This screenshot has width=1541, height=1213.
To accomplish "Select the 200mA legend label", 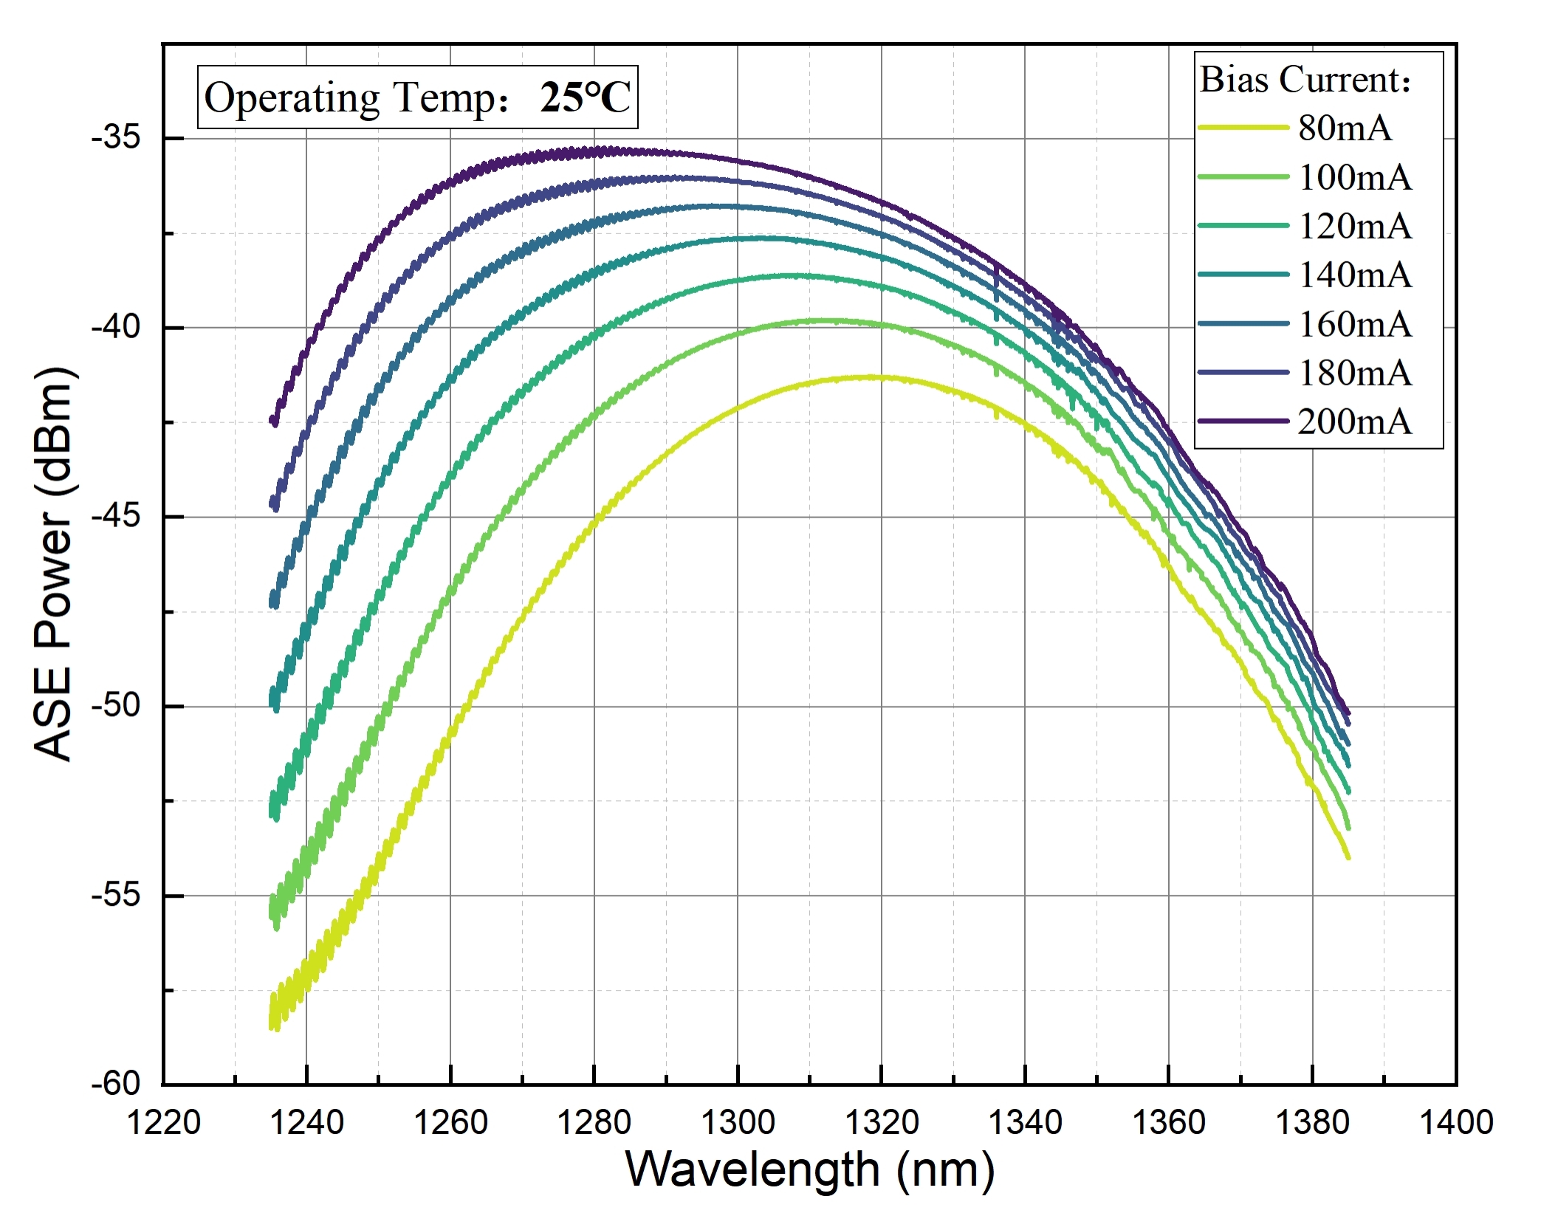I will [1354, 422].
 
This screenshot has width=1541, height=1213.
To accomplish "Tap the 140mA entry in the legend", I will [1354, 275].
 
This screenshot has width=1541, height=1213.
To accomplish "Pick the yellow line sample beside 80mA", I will [1243, 128].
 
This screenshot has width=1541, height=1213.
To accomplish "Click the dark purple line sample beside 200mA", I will [1243, 421].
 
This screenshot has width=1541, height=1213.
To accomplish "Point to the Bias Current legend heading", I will [1305, 80].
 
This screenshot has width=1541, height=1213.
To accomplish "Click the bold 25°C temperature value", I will [585, 97].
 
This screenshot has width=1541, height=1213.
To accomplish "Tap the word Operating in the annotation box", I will [292, 98].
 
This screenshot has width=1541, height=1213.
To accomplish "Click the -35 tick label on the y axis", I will [116, 138].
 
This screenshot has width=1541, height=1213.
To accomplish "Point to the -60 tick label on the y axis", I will [116, 1083].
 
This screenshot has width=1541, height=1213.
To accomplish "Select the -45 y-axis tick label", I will [116, 516].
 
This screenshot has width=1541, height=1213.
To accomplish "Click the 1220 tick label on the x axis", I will [163, 1123].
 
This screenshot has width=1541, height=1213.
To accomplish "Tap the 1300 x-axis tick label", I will [737, 1123].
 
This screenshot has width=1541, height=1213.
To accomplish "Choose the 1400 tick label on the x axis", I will [1456, 1123].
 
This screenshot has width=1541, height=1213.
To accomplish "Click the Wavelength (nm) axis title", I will [810, 1170].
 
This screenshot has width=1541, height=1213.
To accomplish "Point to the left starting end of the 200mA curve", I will [273, 422].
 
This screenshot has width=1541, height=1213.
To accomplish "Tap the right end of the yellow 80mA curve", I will [1348, 856].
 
